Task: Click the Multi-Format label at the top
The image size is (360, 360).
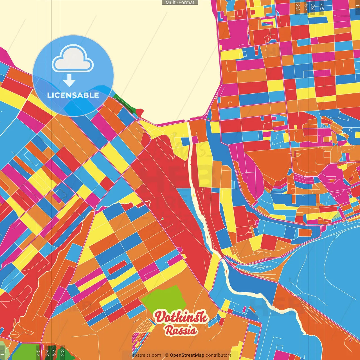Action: pos(180,3)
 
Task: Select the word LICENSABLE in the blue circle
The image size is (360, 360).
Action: pos(73,95)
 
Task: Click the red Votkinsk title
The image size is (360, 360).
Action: pos(181,317)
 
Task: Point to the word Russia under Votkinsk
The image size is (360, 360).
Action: pos(181,330)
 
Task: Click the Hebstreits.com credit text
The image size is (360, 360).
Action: pos(145,355)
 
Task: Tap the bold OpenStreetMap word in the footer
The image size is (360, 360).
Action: pos(187,355)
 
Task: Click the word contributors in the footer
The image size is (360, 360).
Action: pos(219,355)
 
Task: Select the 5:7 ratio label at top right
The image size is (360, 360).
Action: pos(306,7)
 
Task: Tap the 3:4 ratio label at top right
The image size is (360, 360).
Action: pos(313,7)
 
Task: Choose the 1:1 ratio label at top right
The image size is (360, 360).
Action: pos(357,7)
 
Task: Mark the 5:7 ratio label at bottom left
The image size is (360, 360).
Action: pos(54,352)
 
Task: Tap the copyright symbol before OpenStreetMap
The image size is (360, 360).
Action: pos(167,355)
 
